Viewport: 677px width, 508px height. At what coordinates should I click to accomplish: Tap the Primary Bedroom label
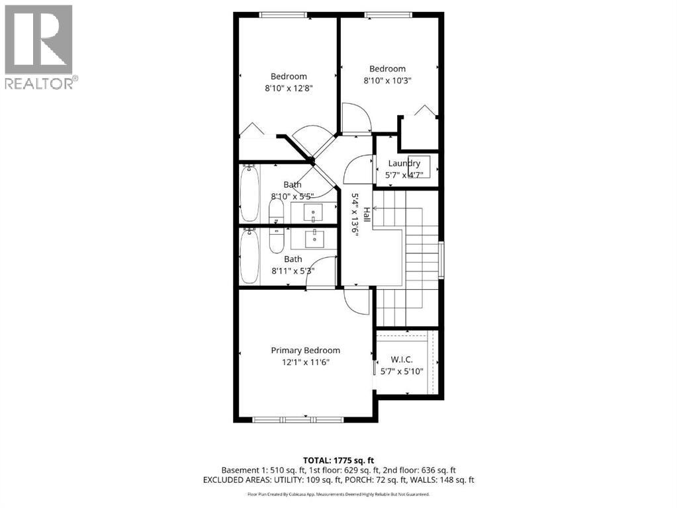coord(305,351)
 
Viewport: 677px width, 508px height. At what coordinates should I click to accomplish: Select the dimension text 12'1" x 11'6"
coord(305,362)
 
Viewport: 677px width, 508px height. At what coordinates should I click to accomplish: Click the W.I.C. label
coord(402,359)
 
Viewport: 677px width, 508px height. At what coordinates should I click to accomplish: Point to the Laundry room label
coord(404,163)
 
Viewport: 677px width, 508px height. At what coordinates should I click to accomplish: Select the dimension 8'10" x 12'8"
coord(289,88)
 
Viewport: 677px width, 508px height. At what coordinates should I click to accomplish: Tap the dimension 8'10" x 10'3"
coord(387,81)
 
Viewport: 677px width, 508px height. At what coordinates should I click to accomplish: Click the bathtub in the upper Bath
coord(249,193)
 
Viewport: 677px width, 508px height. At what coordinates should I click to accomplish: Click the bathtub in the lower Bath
coord(249,256)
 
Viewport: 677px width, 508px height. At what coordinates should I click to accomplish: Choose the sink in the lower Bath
coord(314,237)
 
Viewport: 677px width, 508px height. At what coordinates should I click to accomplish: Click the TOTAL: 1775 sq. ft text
coord(338,460)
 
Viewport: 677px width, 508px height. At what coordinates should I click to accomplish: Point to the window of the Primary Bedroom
coord(298,419)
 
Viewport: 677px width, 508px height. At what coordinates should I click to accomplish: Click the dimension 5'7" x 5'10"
coord(402,371)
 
